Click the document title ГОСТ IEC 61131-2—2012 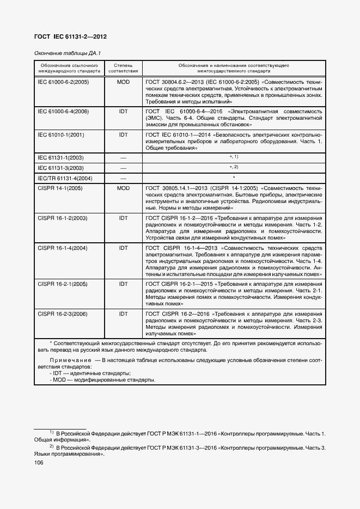tap(71, 36)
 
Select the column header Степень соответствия tap(123, 68)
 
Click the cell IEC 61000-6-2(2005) tap(63, 82)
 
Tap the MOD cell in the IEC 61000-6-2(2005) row tap(123, 82)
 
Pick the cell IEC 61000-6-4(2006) tap(63, 111)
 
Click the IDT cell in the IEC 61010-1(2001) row tap(123, 134)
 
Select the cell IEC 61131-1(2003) tap(60, 157)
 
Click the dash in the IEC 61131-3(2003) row tap(123, 168)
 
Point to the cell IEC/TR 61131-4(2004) tap(65, 178)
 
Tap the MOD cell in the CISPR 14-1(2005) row tap(123, 188)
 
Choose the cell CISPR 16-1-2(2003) tap(63, 218)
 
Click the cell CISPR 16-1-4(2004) tap(63, 248)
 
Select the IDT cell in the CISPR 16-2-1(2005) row tap(123, 284)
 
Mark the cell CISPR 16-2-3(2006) tap(63, 314)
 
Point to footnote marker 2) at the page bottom tap(52, 445)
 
